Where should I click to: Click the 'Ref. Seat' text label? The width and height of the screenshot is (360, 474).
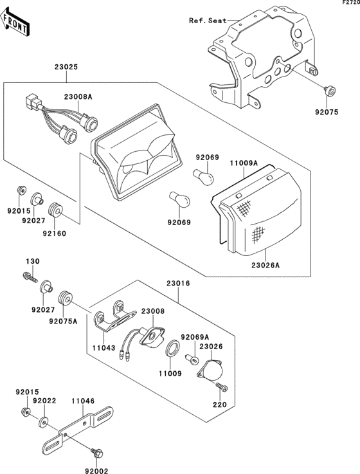tap(208, 21)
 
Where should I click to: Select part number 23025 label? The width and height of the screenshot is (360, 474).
tap(66, 67)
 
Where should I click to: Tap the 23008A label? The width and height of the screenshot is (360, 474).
tap(78, 97)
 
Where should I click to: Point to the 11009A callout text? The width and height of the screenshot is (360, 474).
tap(244, 163)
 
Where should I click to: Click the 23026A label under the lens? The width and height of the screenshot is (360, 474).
tap(265, 266)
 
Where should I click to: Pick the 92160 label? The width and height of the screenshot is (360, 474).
tap(55, 233)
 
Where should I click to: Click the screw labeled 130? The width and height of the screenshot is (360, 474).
tap(30, 277)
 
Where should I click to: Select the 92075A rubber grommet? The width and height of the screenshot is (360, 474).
tap(64, 298)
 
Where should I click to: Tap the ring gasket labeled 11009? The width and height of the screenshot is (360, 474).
tap(173, 348)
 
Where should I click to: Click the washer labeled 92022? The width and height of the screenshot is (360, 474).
tap(44, 422)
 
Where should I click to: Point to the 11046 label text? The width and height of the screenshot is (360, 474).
tap(83, 401)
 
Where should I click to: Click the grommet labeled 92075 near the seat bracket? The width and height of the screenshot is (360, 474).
tap(329, 91)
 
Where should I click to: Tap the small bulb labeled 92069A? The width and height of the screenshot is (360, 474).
tap(192, 359)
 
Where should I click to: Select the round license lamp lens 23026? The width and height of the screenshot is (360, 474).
tap(210, 370)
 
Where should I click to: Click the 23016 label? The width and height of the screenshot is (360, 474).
tap(178, 284)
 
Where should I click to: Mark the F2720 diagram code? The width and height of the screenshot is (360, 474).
tap(351, 2)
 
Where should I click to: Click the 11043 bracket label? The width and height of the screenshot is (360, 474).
tap(104, 348)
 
